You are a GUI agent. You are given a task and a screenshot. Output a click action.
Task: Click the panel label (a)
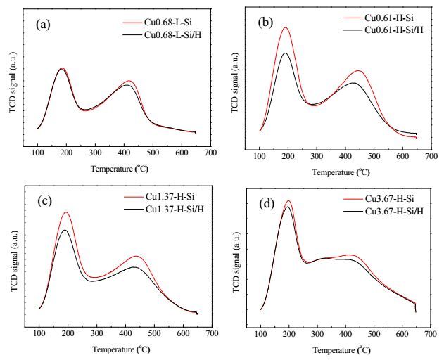(44, 25)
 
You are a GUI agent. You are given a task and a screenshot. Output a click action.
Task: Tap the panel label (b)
(265, 22)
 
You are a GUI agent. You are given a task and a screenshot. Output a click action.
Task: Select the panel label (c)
(45, 200)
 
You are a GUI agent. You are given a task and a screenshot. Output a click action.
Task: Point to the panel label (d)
(267, 204)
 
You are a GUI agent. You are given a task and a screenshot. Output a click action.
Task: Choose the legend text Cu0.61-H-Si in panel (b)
(389, 18)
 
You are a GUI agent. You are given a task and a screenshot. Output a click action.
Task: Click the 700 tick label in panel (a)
(210, 153)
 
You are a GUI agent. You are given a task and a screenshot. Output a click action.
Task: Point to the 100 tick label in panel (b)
(260, 156)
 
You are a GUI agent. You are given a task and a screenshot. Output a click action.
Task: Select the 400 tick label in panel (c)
(125, 333)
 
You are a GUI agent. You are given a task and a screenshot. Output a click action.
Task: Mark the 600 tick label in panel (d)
(402, 334)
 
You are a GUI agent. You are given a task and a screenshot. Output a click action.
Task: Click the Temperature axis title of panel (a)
(120, 169)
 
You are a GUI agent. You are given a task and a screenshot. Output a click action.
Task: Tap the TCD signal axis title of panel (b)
(235, 82)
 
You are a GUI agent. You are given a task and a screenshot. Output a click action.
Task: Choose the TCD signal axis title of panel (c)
(15, 262)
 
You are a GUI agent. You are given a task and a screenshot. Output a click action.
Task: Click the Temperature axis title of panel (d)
(342, 350)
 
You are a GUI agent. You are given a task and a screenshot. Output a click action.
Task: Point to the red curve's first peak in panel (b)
(286, 27)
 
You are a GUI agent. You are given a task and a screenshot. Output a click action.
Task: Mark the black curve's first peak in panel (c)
(65, 230)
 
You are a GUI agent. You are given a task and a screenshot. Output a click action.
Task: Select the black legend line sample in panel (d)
(353, 211)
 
